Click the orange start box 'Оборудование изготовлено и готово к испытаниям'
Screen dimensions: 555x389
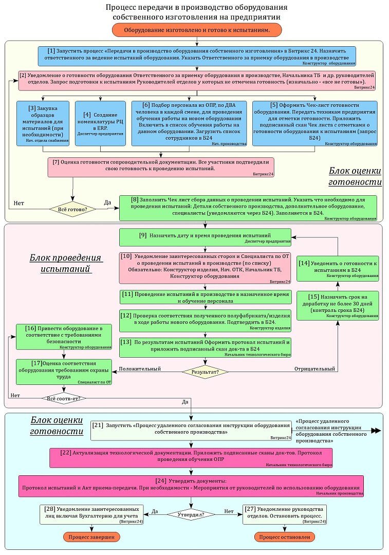coord(197,31)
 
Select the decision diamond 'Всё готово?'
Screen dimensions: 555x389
coord(72,209)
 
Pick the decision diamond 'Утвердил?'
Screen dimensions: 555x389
coord(191,513)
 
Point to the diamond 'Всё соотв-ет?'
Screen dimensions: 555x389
coord(63,398)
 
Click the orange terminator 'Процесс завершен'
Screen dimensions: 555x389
coord(92,536)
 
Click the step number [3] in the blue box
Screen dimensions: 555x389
coord(32,108)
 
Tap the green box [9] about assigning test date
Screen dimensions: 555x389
coord(205,237)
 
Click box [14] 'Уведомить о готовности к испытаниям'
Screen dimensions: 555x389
coord(338,268)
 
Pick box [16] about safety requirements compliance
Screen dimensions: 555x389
coord(64,337)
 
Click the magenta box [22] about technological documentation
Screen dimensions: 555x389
coord(191,458)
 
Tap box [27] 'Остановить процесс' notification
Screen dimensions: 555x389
coord(285,514)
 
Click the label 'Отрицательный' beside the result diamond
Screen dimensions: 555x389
coord(314,369)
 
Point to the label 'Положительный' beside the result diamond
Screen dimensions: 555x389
coord(140,369)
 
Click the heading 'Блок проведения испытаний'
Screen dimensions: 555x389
coord(66,263)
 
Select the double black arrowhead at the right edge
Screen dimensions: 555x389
coord(376,431)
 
